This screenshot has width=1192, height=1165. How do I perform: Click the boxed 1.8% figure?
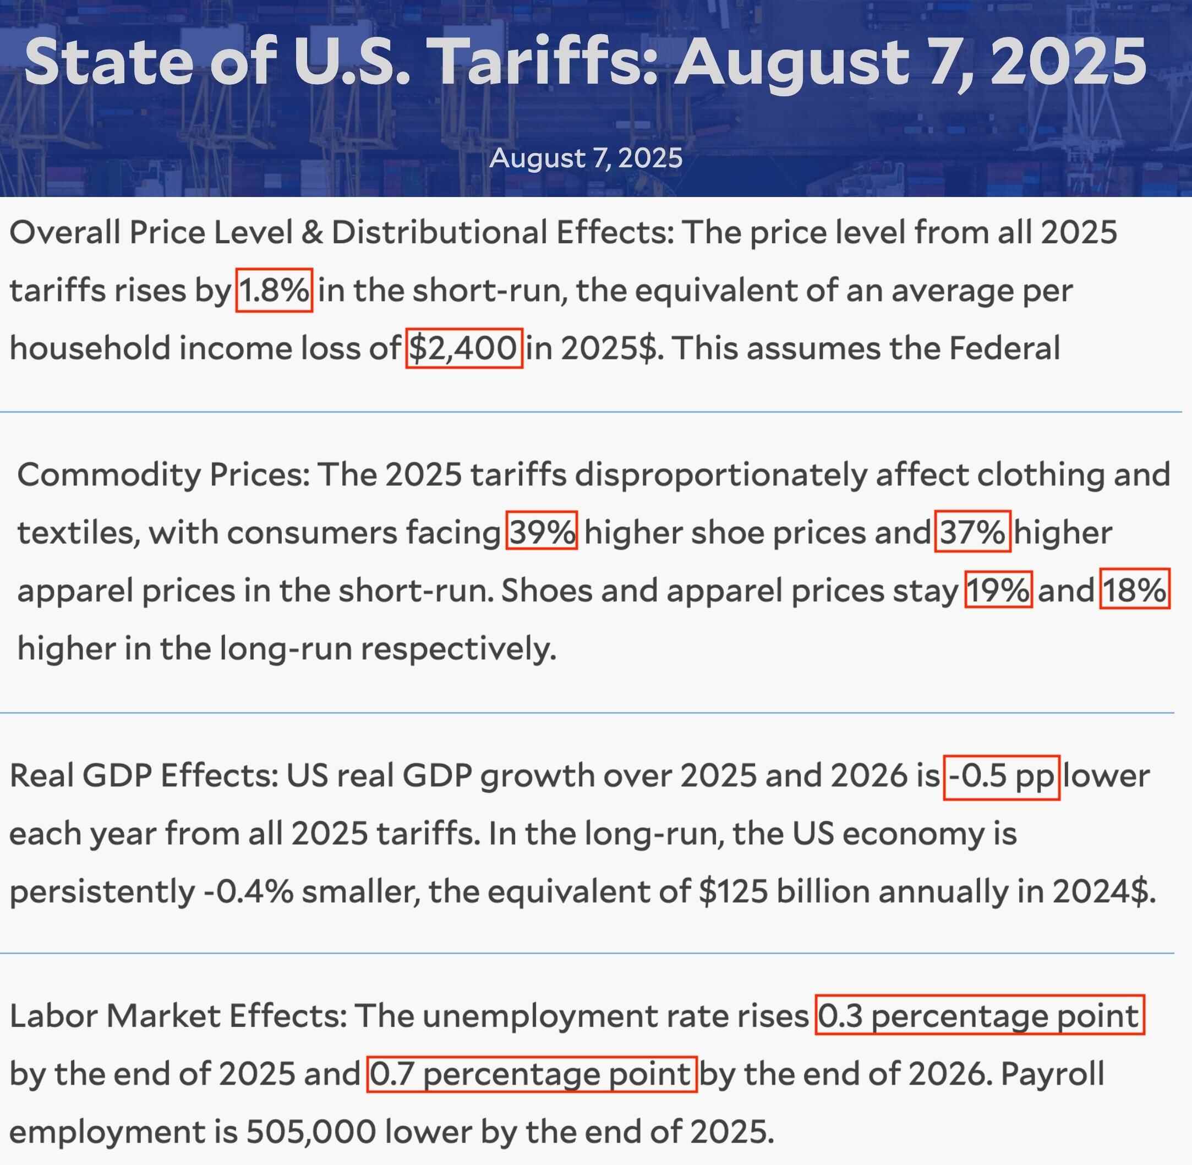tap(274, 290)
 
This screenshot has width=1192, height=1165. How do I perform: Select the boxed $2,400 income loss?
tap(464, 348)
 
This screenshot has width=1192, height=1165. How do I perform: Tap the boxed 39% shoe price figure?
tap(542, 531)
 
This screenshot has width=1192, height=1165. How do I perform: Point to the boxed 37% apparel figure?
tap(972, 531)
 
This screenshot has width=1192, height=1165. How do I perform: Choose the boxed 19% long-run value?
tap(998, 589)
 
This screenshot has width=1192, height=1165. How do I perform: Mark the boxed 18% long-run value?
tap(1134, 589)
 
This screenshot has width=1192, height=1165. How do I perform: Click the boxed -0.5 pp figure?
tap(1001, 776)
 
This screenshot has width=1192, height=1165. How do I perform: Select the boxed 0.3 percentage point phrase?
tap(979, 1016)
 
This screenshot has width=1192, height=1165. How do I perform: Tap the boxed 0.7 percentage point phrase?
tap(531, 1074)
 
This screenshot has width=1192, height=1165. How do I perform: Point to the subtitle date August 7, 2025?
tap(586, 158)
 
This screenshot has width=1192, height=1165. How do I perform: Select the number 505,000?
tap(311, 1132)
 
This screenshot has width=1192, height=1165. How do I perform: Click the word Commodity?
tap(109, 474)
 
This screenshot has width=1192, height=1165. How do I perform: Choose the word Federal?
tap(1004, 348)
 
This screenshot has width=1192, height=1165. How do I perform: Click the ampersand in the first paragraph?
tap(312, 233)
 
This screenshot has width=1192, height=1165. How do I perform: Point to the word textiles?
tap(74, 532)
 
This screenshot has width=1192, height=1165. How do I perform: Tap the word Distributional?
tap(434, 233)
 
